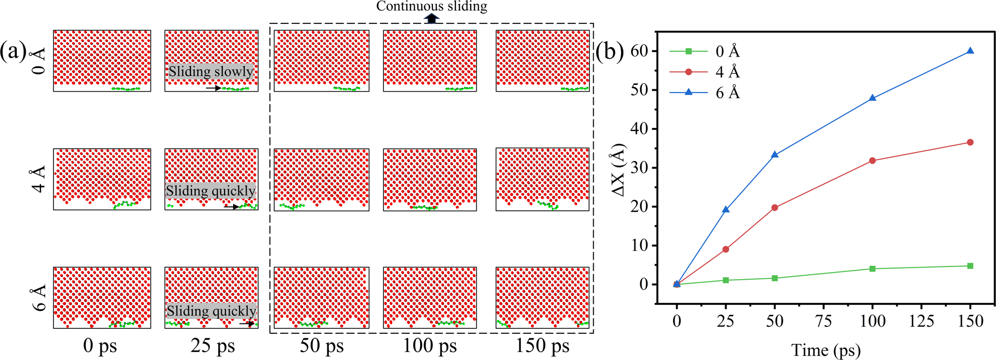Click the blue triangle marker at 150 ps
pyautogui.click(x=970, y=51)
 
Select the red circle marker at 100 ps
pyautogui.click(x=872, y=161)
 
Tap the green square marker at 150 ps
pyautogui.click(x=970, y=266)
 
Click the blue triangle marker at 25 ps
pyautogui.click(x=726, y=210)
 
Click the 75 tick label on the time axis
pyautogui.click(x=823, y=321)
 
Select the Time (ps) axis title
pyautogui.click(x=825, y=350)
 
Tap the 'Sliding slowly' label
pyautogui.click(x=211, y=71)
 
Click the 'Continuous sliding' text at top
pyautogui.click(x=432, y=6)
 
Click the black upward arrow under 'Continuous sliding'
pyautogui.click(x=432, y=18)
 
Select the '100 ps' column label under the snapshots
pyautogui.click(x=430, y=346)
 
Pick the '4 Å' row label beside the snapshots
pyautogui.click(x=38, y=179)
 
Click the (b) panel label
pyautogui.click(x=609, y=52)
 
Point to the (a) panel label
pyautogui.click(x=13, y=51)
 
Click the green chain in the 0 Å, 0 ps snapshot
pyautogui.click(x=125, y=89)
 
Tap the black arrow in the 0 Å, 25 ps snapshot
pyautogui.click(x=213, y=88)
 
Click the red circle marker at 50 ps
pyautogui.click(x=775, y=208)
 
